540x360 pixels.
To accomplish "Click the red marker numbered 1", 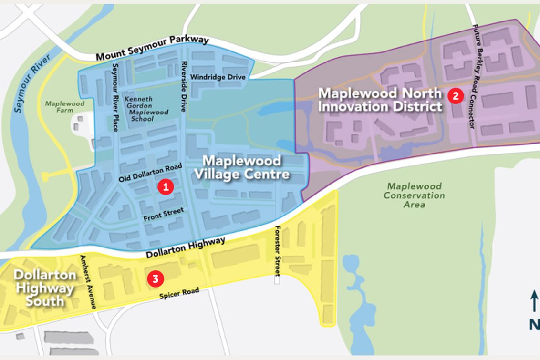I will (166, 187).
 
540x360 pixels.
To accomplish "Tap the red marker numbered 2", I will (456, 96).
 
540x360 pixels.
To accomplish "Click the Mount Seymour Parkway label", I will (152, 48).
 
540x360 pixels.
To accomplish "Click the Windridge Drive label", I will (218, 77).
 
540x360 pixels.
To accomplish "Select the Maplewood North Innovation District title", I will (381, 99).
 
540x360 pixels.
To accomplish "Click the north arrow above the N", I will (534, 303).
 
